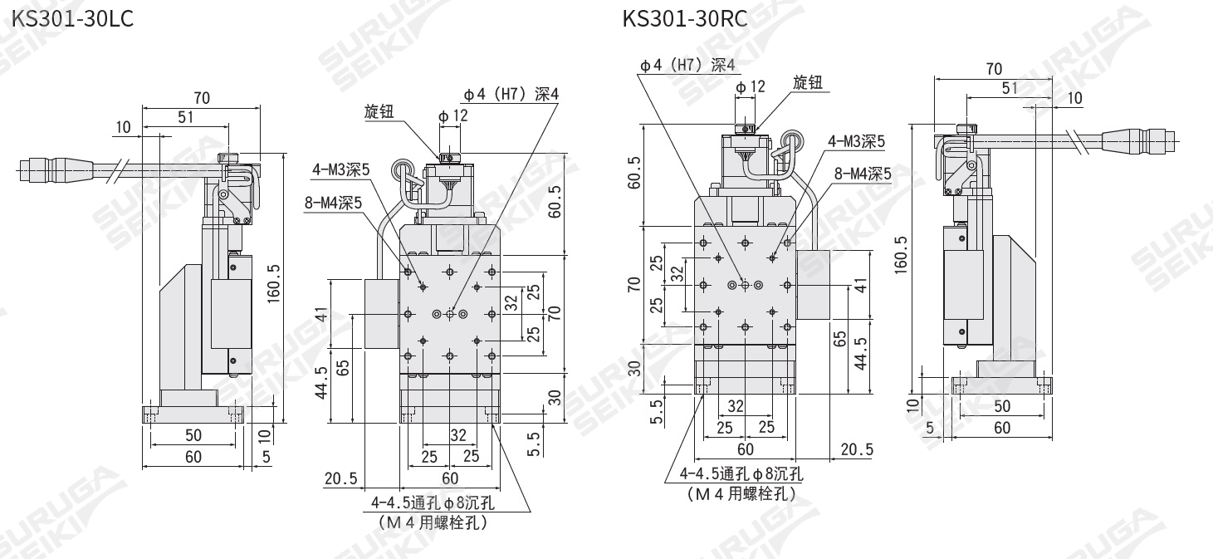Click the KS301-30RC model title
[x=685, y=18]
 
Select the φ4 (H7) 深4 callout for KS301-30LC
[x=511, y=95]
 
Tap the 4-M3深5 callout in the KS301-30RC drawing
[x=856, y=141]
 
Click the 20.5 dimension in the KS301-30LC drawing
[x=341, y=478]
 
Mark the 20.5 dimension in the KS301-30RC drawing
[x=856, y=449]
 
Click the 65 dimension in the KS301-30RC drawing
[x=840, y=338]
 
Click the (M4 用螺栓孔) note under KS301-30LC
[x=432, y=523]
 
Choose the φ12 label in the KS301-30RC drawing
[x=751, y=86]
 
